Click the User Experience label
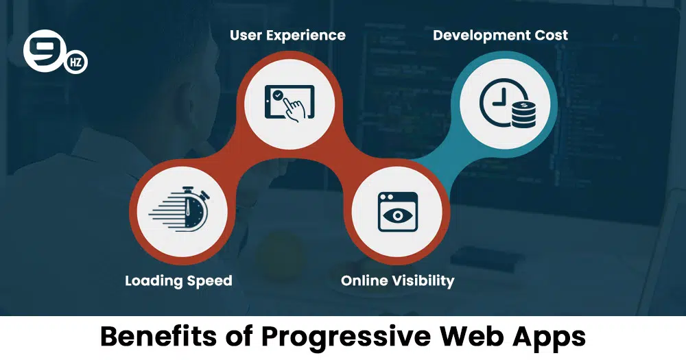click(x=287, y=36)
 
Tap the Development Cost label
click(x=501, y=36)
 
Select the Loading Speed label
click(x=178, y=281)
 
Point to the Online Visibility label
click(x=398, y=281)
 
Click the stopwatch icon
click(x=179, y=210)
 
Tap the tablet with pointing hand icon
click(x=289, y=104)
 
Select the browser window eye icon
click(x=398, y=212)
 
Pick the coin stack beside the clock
click(x=523, y=114)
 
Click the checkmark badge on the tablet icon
click(x=277, y=95)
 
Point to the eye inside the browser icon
click(x=398, y=215)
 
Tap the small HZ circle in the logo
click(x=76, y=62)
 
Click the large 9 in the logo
click(x=44, y=49)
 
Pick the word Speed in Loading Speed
click(x=209, y=281)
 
